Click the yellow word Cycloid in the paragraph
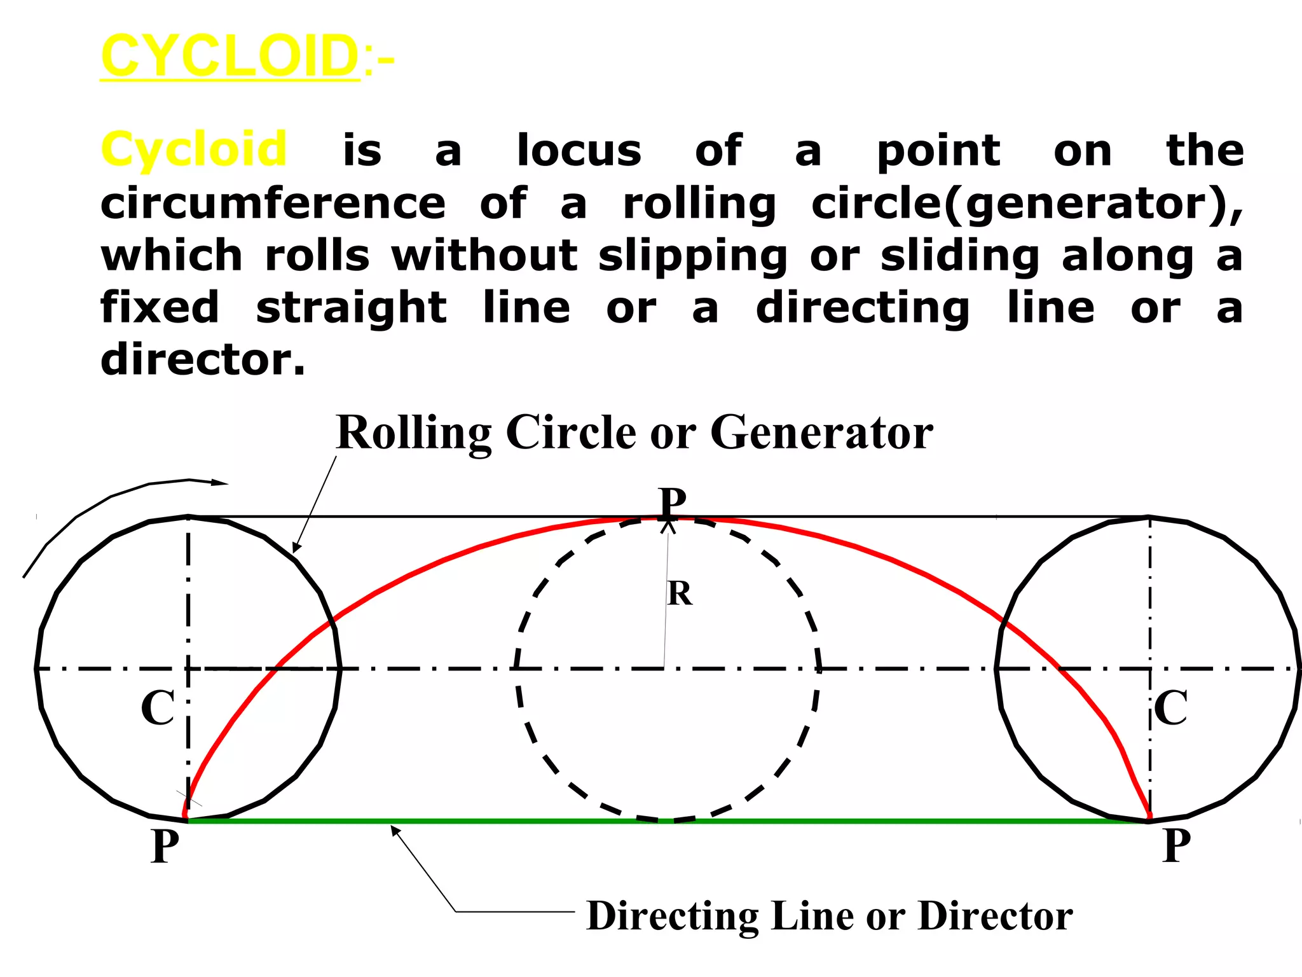tap(194, 150)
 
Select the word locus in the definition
tap(579, 151)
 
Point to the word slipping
tap(692, 257)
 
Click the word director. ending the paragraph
tap(203, 360)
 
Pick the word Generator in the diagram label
tap(821, 433)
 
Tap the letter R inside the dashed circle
tap(680, 594)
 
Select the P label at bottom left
tap(165, 846)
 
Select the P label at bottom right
tap(1176, 846)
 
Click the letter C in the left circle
tap(157, 708)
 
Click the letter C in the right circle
tap(1170, 708)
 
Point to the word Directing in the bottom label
tap(673, 917)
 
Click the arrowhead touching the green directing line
tap(395, 829)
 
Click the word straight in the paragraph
tap(352, 308)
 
